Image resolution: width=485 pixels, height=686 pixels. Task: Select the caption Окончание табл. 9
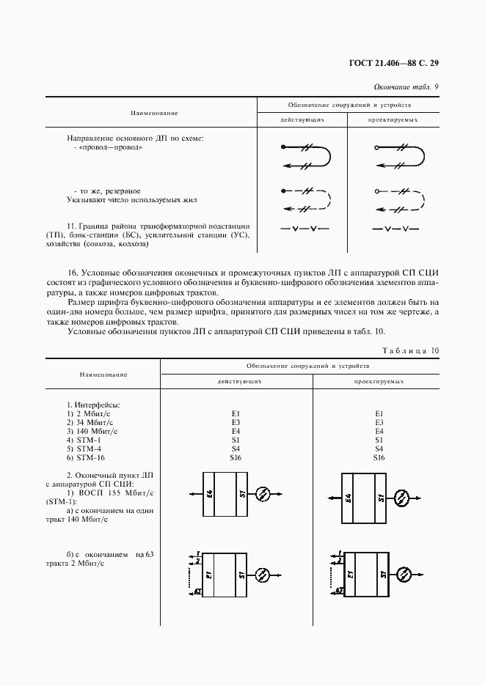coord(406,87)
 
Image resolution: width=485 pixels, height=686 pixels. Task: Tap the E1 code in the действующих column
coord(236,414)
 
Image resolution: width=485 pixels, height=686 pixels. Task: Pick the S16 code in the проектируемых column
coord(379,458)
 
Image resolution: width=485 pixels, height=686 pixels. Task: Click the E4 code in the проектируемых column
coord(379,432)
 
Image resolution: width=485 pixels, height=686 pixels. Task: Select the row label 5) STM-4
coord(84,449)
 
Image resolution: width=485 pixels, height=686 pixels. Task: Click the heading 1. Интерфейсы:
coord(94,405)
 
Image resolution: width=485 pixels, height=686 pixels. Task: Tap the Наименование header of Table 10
coord(103,374)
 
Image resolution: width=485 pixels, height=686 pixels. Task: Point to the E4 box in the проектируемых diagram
coord(349,498)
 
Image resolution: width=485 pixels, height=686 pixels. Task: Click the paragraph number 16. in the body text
coord(74,272)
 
